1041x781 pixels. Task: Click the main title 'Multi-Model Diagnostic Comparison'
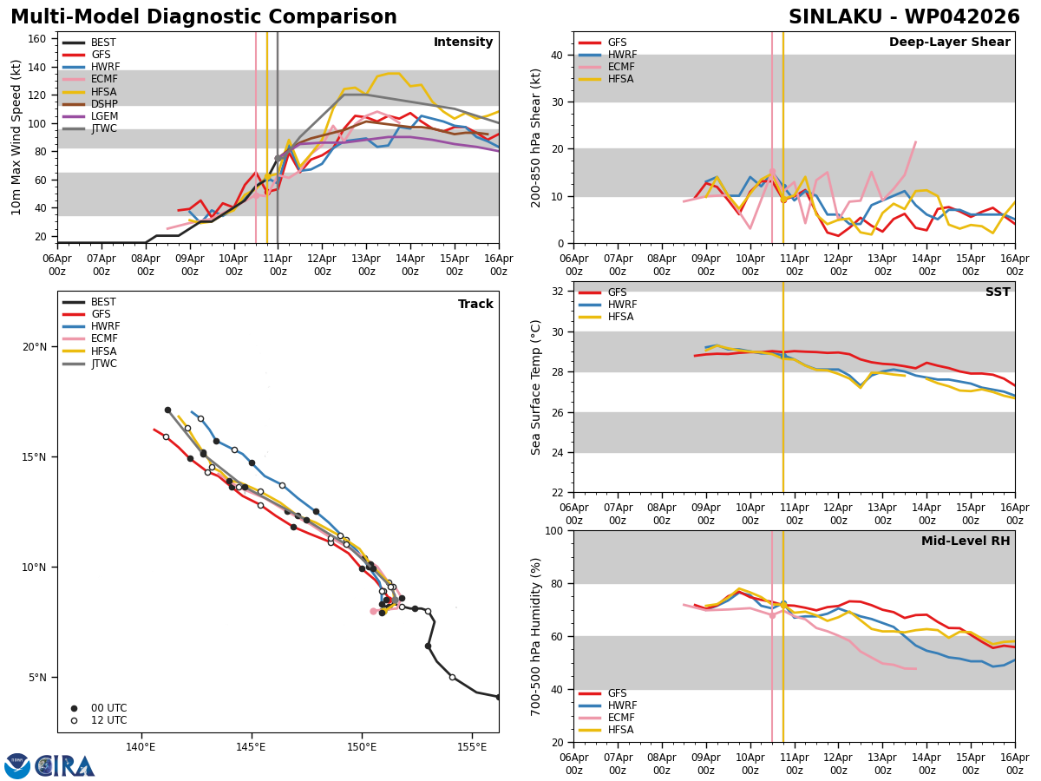(x=204, y=17)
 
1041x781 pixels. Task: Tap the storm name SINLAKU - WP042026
(x=904, y=17)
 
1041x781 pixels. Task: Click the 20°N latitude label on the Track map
(x=35, y=347)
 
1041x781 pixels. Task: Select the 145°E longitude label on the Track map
(x=252, y=748)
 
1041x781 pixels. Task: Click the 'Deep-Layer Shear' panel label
(x=949, y=43)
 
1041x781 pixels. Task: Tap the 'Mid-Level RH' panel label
(x=966, y=541)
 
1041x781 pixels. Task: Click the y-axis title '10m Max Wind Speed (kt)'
(x=16, y=137)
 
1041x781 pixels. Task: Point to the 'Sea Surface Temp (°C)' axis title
(x=535, y=388)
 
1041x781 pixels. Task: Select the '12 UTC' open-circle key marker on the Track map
(x=74, y=721)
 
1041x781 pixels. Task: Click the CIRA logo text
(x=64, y=766)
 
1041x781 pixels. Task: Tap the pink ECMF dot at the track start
(x=373, y=612)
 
